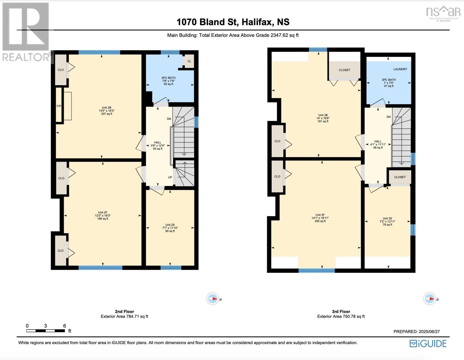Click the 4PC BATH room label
(168, 78)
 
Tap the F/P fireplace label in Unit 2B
(59, 106)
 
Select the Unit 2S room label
(170, 225)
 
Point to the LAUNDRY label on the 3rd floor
(400, 69)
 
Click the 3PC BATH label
(389, 80)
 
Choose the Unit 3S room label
(387, 218)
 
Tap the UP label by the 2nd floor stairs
(170, 177)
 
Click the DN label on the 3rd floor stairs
(389, 117)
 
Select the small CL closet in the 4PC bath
(189, 61)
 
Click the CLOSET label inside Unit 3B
(344, 70)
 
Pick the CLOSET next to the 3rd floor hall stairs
(400, 177)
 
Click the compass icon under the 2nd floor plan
(213, 299)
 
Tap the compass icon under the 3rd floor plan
(430, 299)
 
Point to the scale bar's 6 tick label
(64, 326)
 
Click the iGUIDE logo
(428, 343)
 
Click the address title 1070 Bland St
(233, 22)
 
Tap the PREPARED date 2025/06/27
(417, 331)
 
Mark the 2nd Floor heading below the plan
(124, 311)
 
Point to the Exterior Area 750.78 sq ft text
(341, 316)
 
